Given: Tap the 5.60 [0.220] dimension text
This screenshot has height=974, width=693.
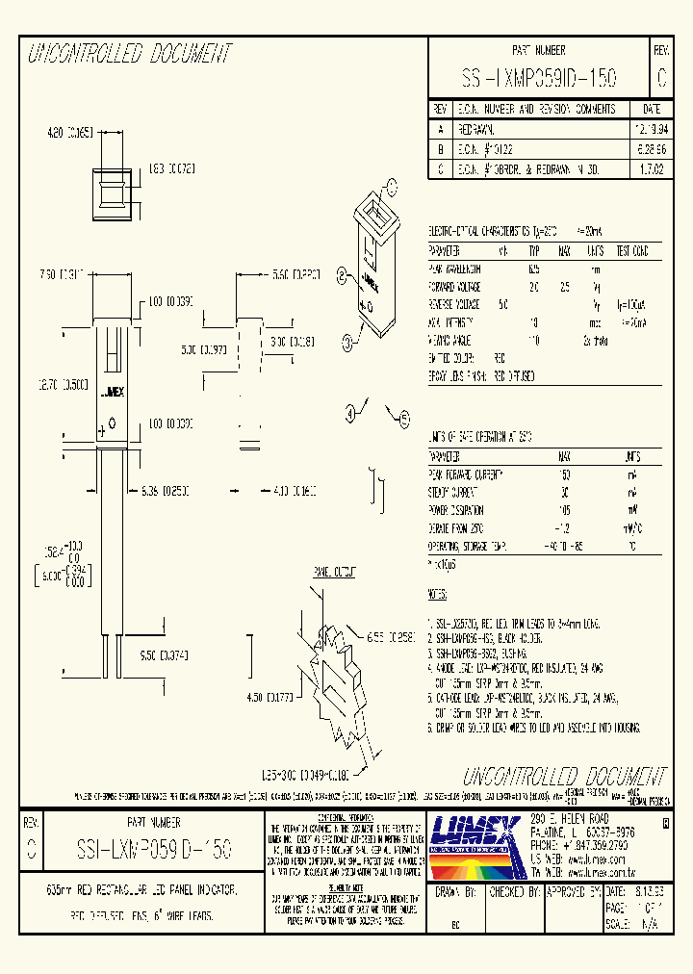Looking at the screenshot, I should point(295,275).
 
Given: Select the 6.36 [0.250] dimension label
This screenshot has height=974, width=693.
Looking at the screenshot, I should point(162,491).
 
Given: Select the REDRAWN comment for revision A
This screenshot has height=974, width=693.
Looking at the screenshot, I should point(477,129).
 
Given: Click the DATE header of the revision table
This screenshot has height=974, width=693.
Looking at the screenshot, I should point(651,109).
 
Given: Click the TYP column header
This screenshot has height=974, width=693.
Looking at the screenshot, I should point(534,251).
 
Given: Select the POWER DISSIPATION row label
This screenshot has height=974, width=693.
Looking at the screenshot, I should point(457,510).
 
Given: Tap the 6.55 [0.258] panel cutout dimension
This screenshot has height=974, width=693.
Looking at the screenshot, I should point(393,637).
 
